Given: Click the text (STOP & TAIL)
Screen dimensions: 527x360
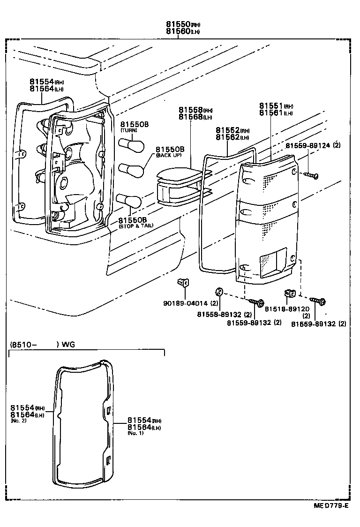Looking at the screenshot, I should point(133,226).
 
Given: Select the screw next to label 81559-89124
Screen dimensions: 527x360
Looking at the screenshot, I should point(311,175).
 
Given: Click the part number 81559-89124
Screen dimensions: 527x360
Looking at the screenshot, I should point(307,146).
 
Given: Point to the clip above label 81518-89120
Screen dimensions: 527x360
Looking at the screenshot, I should point(289,294).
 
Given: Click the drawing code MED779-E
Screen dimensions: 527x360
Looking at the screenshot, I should point(331,505).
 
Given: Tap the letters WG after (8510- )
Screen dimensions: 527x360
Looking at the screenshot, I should point(69,345).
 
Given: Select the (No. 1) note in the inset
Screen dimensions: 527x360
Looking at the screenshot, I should point(135,433).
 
